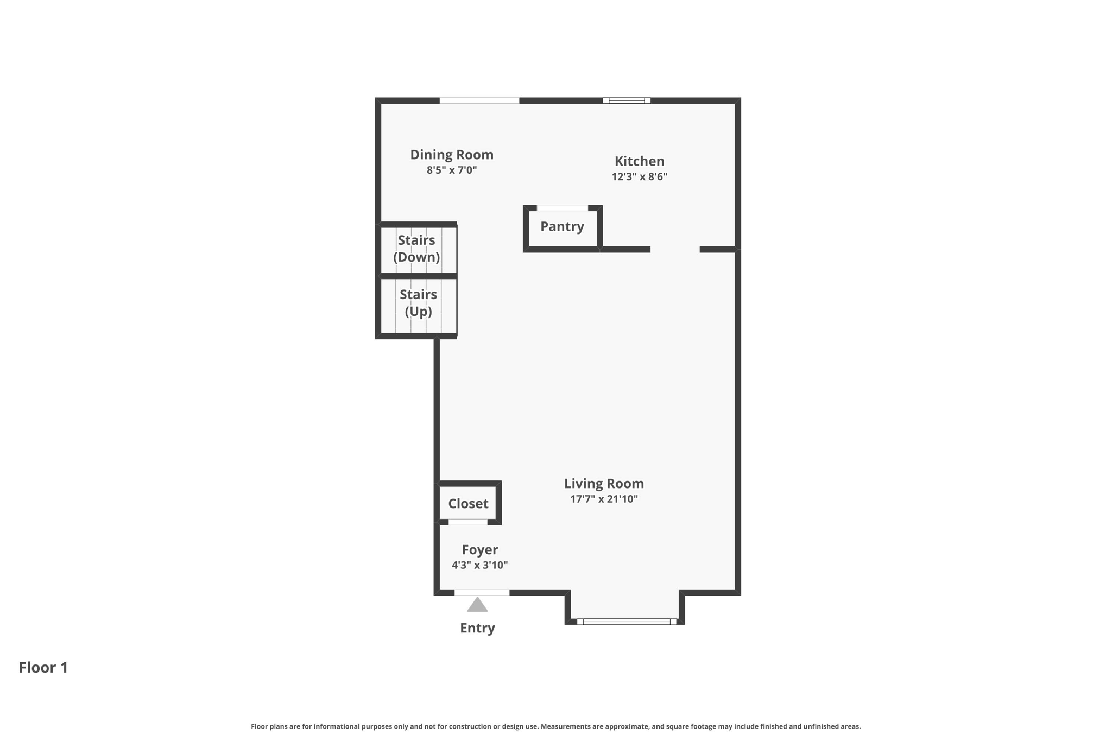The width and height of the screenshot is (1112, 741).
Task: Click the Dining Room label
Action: pos(452,155)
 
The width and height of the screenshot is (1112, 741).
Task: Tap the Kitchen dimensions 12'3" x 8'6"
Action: pos(640,176)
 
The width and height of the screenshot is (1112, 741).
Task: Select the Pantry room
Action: pos(563,229)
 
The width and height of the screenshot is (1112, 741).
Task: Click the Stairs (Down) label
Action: pos(416,249)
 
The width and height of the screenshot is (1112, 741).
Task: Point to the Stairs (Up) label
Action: pos(418,303)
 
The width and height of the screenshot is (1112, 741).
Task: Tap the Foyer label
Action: pos(480,550)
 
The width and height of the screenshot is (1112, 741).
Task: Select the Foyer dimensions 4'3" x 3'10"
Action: pos(480,565)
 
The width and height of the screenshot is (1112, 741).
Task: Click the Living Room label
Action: pos(604,484)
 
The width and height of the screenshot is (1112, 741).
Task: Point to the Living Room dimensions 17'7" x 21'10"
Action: pos(604,499)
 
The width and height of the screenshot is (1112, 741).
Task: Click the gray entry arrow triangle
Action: pos(477,605)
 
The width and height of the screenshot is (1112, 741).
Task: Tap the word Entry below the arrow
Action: pos(477,628)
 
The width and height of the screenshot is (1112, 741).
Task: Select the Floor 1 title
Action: pos(43,668)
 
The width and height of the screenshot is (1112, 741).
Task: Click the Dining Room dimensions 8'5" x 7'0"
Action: pos(452,170)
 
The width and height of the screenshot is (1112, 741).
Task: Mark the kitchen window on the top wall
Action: pos(627,100)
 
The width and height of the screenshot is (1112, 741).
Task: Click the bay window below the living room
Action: pos(627,622)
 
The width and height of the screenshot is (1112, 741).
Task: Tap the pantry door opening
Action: pos(563,208)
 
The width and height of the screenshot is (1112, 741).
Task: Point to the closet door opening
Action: pos(468,522)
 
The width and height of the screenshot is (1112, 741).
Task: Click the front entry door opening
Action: pos(482,592)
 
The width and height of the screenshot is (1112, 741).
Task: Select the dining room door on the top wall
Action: pos(479,100)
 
